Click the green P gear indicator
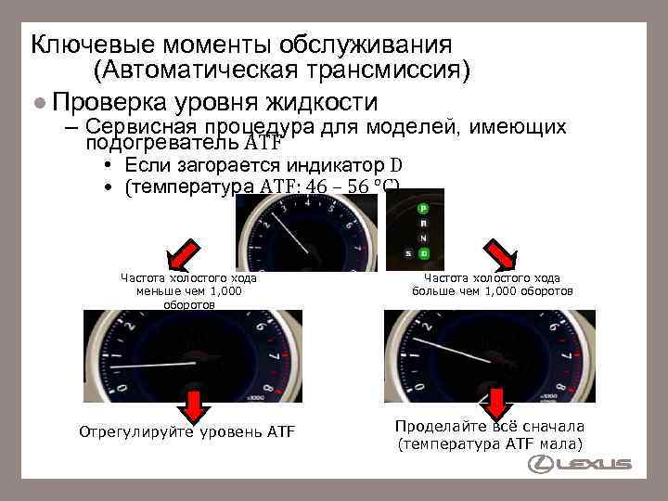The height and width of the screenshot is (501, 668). pyautogui.click(x=423, y=208)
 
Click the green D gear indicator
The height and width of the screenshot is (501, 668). pyautogui.click(x=423, y=253)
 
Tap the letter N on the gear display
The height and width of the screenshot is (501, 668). pyautogui.click(x=423, y=238)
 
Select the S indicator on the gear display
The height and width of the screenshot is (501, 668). pyautogui.click(x=406, y=253)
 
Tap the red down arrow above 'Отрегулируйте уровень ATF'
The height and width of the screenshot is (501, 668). pyautogui.click(x=191, y=405)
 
